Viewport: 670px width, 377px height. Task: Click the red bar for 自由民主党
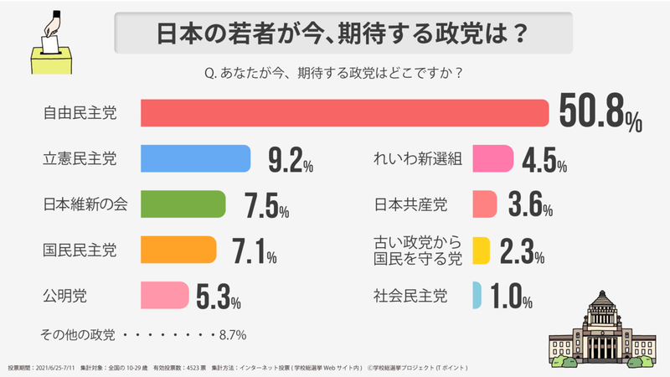(343, 113)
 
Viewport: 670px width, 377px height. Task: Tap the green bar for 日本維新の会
(183, 204)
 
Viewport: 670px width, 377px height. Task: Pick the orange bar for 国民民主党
(178, 249)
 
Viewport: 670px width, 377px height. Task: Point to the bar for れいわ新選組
(492, 158)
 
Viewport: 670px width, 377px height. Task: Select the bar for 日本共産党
(485, 204)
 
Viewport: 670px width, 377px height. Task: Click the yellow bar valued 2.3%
(481, 250)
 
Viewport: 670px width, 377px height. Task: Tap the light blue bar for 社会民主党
(477, 295)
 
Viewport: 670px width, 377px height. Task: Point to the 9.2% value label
(290, 160)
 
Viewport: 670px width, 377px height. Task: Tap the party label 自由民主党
(80, 113)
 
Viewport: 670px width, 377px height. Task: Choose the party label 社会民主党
(410, 295)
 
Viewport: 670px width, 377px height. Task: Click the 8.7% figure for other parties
(232, 335)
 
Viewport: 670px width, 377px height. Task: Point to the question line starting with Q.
(334, 73)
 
